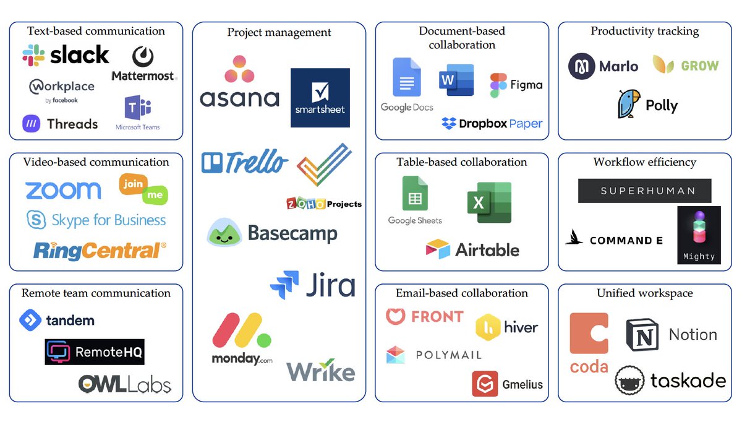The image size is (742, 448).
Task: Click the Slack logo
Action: pos(66,55)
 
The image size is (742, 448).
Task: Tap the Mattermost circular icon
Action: pos(143,57)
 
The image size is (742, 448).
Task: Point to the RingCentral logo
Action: pos(99,251)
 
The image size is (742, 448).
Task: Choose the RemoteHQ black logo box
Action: pos(95,352)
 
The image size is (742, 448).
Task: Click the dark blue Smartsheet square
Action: pos(320,98)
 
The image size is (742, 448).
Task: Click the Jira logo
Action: pos(312,285)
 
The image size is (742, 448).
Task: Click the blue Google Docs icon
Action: pos(406,78)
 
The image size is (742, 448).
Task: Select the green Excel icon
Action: pos(489,202)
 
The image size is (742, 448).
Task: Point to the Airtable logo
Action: pos(472,249)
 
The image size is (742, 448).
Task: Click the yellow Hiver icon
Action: pos(488,327)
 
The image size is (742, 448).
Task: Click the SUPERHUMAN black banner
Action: pos(644,191)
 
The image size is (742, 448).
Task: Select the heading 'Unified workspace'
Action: pos(644,293)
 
